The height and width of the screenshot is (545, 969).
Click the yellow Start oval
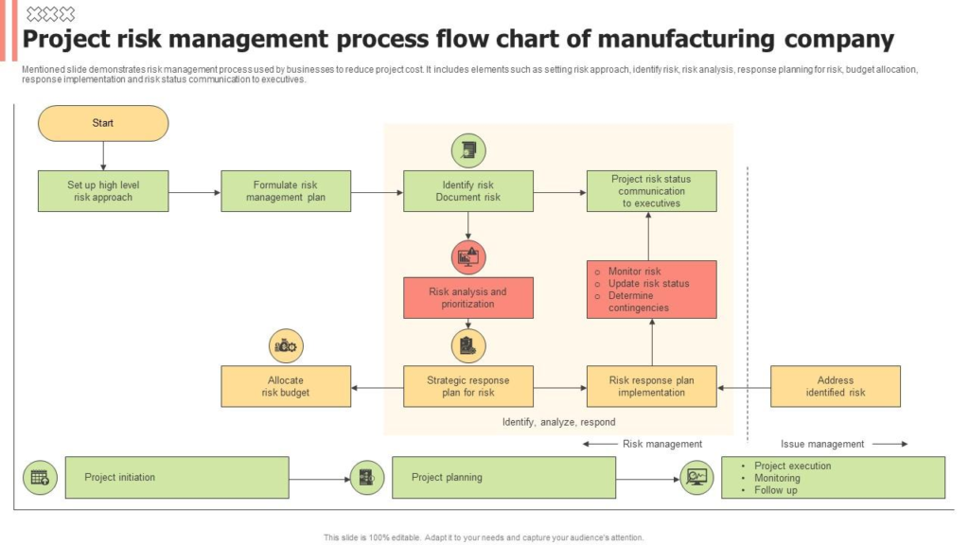103,123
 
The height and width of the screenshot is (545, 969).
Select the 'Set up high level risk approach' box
103,191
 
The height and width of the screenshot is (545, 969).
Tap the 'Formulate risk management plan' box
286,191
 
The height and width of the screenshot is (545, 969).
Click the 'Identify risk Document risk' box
467,191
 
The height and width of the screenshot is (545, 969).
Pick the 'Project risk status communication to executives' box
651,191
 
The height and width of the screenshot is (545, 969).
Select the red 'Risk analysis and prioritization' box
467,297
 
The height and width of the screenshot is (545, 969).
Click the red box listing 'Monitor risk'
651,289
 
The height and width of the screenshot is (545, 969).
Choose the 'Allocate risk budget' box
286,386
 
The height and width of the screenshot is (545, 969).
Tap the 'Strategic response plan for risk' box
467,386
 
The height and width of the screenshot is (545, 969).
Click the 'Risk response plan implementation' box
651,386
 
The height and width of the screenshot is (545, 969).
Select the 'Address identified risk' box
835,386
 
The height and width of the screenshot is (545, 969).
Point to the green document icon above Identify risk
467,149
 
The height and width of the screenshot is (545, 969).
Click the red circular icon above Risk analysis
467,256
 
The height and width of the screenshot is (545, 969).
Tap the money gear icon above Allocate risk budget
286,346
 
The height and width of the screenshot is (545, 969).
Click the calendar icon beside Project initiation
40,478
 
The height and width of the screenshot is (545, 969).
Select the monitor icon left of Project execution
697,478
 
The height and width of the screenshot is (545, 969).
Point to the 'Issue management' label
822,444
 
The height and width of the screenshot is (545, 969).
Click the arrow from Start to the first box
103,156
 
